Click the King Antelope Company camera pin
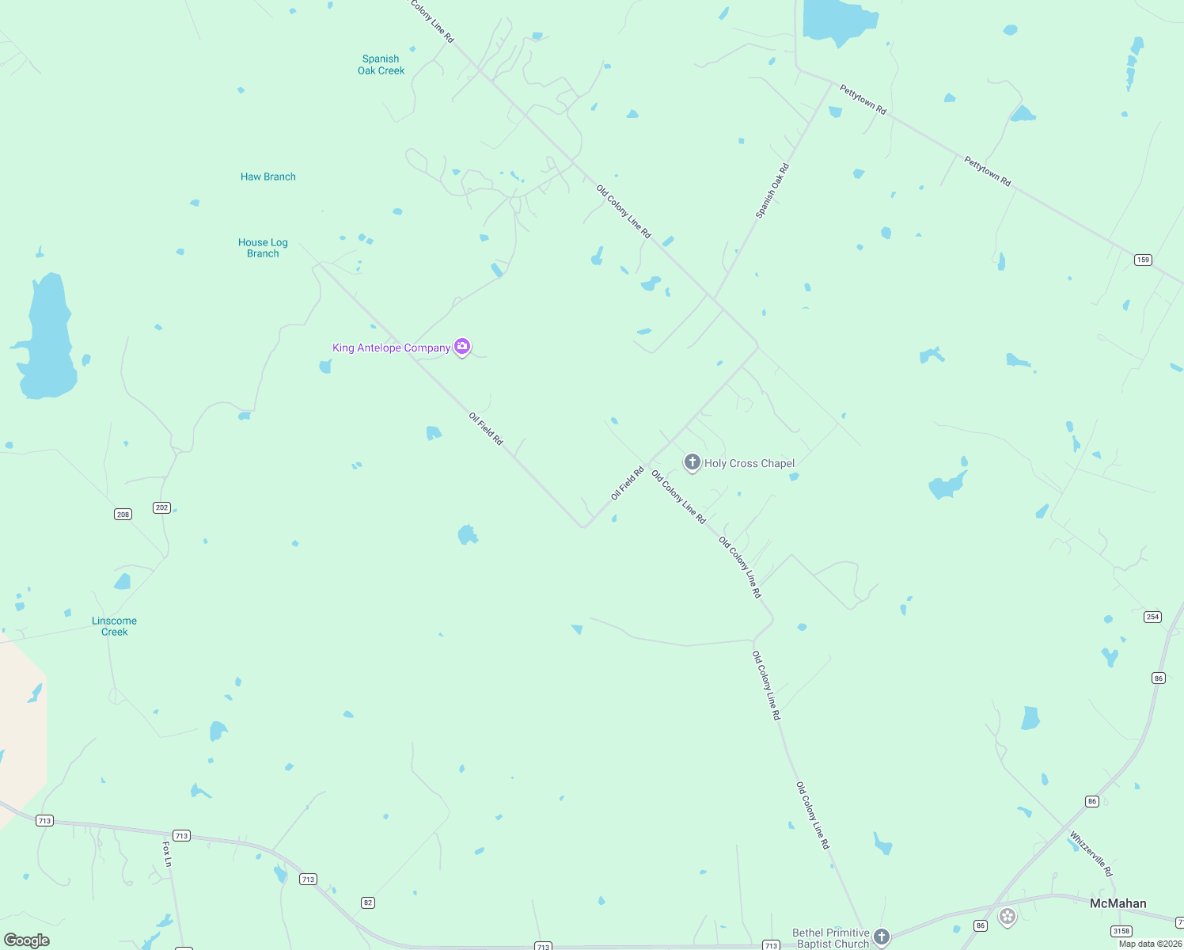click(462, 347)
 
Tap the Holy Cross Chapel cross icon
click(692, 462)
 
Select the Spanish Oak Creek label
click(381, 65)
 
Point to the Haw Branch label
click(268, 177)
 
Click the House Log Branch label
click(263, 248)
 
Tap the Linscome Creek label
click(115, 626)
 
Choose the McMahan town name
click(1118, 903)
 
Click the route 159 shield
click(1142, 260)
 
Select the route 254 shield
click(1152, 617)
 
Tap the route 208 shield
click(123, 515)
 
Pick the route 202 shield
click(161, 507)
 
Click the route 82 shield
click(367, 902)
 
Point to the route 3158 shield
click(1121, 931)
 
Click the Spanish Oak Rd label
click(772, 191)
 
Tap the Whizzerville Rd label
click(1091, 853)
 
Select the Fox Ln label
click(167, 853)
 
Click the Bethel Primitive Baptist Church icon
click(881, 937)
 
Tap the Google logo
click(27, 940)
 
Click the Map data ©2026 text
click(1149, 944)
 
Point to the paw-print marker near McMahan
click(1007, 917)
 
